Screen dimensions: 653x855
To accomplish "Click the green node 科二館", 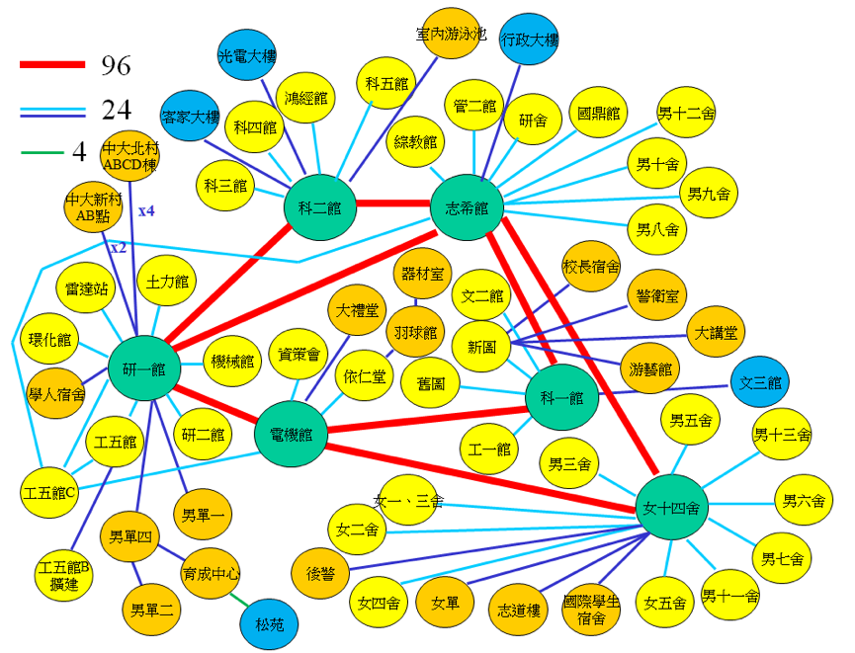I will (319, 208).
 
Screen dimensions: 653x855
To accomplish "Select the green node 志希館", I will (467, 207).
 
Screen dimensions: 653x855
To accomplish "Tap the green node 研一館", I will (144, 368).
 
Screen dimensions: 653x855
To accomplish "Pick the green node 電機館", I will (291, 434).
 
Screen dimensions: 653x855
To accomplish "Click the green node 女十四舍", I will (671, 509).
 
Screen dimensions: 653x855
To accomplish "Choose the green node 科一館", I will (561, 398).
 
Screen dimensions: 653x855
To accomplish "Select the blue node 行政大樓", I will (530, 41).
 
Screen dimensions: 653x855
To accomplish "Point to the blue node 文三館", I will (760, 382).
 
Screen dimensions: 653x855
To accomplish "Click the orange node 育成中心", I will (212, 574).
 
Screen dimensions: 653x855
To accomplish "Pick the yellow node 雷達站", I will (87, 288).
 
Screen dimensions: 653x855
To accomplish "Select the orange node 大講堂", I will (715, 334).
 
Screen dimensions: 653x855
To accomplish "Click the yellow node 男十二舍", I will (687, 115).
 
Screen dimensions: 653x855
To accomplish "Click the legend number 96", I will (116, 65).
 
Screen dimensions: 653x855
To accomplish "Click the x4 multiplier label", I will (146, 210).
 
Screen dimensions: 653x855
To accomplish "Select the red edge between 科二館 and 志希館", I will (392, 204).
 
